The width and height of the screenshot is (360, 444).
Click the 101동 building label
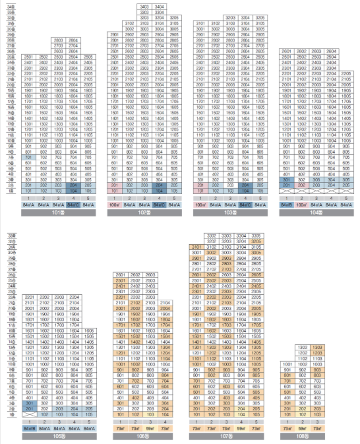(x=58, y=213)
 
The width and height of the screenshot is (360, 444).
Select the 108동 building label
(x=302, y=436)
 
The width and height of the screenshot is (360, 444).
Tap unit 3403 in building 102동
(x=144, y=7)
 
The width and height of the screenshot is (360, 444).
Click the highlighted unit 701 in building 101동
(x=29, y=157)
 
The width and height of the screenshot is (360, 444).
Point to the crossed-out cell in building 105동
(x=29, y=414)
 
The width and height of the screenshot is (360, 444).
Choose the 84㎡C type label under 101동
(x=73, y=205)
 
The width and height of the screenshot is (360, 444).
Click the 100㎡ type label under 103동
(x=200, y=205)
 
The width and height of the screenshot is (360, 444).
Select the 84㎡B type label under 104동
(x=286, y=205)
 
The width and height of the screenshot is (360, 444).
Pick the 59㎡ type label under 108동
(x=302, y=428)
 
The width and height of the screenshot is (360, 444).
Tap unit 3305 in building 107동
(x=256, y=236)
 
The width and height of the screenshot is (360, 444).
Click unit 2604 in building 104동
(x=331, y=51)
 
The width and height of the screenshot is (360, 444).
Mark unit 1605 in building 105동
(x=89, y=331)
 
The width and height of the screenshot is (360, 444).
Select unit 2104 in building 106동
(x=165, y=302)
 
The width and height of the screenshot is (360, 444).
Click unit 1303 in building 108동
(x=317, y=347)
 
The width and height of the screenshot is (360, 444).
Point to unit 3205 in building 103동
(x=260, y=18)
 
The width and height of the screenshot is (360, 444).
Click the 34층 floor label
(x=11, y=7)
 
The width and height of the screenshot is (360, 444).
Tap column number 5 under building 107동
(x=256, y=422)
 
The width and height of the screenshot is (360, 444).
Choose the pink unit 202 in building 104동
(x=302, y=185)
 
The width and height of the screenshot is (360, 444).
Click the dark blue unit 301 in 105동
(x=29, y=403)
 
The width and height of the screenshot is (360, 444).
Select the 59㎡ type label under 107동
(x=241, y=428)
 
